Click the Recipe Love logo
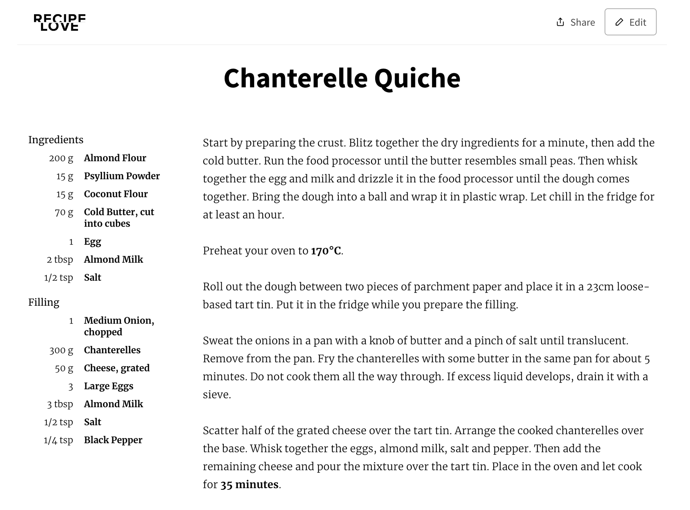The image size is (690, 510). pos(60,23)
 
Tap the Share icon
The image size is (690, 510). pos(560,22)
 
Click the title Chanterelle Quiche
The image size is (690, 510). pos(342,78)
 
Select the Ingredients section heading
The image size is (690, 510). pos(56,140)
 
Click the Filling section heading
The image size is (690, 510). pos(44,302)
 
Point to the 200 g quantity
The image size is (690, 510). pos(61,158)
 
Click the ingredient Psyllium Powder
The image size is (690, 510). pos(122,176)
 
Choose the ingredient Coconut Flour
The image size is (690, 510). pos(116,194)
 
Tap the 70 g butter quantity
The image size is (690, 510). pos(64,212)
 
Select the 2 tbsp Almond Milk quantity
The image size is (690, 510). pos(60,260)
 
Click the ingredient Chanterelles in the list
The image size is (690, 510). pos(112,350)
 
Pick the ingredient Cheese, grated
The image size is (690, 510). pos(117,368)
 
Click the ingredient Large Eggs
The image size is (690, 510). pos(108,386)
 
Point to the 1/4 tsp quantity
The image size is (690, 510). pos(58,440)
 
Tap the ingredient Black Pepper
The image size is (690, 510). pos(113,440)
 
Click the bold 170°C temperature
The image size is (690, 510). pos(326,251)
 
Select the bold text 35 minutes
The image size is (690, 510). pos(249,484)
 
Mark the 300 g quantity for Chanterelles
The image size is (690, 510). pos(61,350)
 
